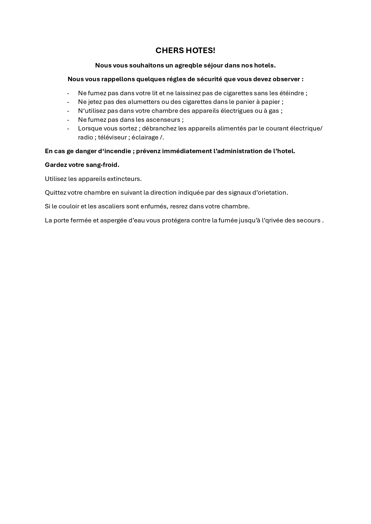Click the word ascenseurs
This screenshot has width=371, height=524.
pos(163,120)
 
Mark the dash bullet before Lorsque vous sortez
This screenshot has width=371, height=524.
pos(68,128)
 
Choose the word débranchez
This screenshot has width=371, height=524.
pos(159,128)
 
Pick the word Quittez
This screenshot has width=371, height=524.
pos(55,193)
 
